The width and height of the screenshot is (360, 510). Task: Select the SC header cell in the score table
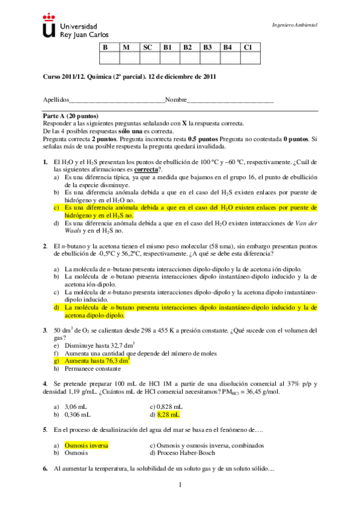pyautogui.click(x=148, y=47)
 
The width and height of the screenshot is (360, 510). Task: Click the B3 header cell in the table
pyautogui.click(x=208, y=47)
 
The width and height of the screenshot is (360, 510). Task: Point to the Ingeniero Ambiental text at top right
pyautogui.click(x=295, y=25)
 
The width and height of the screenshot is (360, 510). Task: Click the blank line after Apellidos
pyautogui.click(x=117, y=100)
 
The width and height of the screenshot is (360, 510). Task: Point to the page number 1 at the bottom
pyautogui.click(x=179, y=485)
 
